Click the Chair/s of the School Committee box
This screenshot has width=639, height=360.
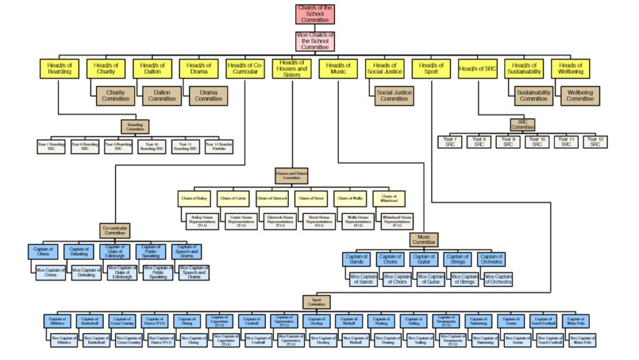click(x=315, y=14)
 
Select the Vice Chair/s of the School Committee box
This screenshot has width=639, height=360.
click(x=315, y=41)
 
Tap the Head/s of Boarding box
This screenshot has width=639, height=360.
click(x=59, y=68)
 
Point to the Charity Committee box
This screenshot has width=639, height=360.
click(x=115, y=95)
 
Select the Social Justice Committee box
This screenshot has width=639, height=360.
click(x=394, y=95)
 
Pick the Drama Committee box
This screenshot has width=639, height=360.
click(x=208, y=95)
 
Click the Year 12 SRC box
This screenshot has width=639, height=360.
click(x=595, y=142)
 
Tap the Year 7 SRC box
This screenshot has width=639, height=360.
click(x=450, y=142)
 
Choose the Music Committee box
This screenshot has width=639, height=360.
click(x=424, y=240)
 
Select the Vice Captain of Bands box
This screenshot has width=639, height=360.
click(x=363, y=280)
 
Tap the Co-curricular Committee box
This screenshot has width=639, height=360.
click(x=115, y=231)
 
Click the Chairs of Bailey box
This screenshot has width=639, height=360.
click(x=194, y=198)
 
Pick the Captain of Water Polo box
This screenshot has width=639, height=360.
click(x=576, y=321)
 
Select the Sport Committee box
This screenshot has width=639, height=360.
click(x=316, y=302)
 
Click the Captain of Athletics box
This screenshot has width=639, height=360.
click(x=57, y=321)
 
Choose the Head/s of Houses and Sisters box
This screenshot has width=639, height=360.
click(x=292, y=68)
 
